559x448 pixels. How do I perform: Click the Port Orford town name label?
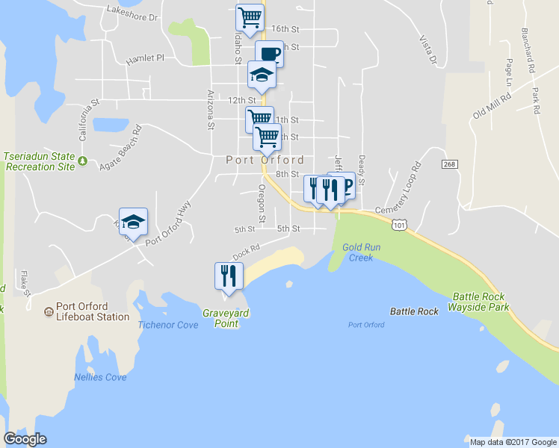tap(265, 160)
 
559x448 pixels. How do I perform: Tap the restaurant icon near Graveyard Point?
tap(228, 276)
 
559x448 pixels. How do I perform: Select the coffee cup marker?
tap(269, 54)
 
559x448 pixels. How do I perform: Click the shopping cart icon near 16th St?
tap(250, 17)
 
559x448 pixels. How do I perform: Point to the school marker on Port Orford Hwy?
tap(133, 222)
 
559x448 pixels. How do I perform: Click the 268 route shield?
tap(448, 164)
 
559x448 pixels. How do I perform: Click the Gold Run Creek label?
tap(356, 252)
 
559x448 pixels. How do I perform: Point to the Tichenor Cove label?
tap(168, 325)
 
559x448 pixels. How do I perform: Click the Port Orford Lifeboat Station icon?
tap(48, 311)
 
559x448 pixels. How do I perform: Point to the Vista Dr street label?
tap(427, 50)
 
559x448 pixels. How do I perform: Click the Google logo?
tap(25, 439)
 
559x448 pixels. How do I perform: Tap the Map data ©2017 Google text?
tap(513, 442)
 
